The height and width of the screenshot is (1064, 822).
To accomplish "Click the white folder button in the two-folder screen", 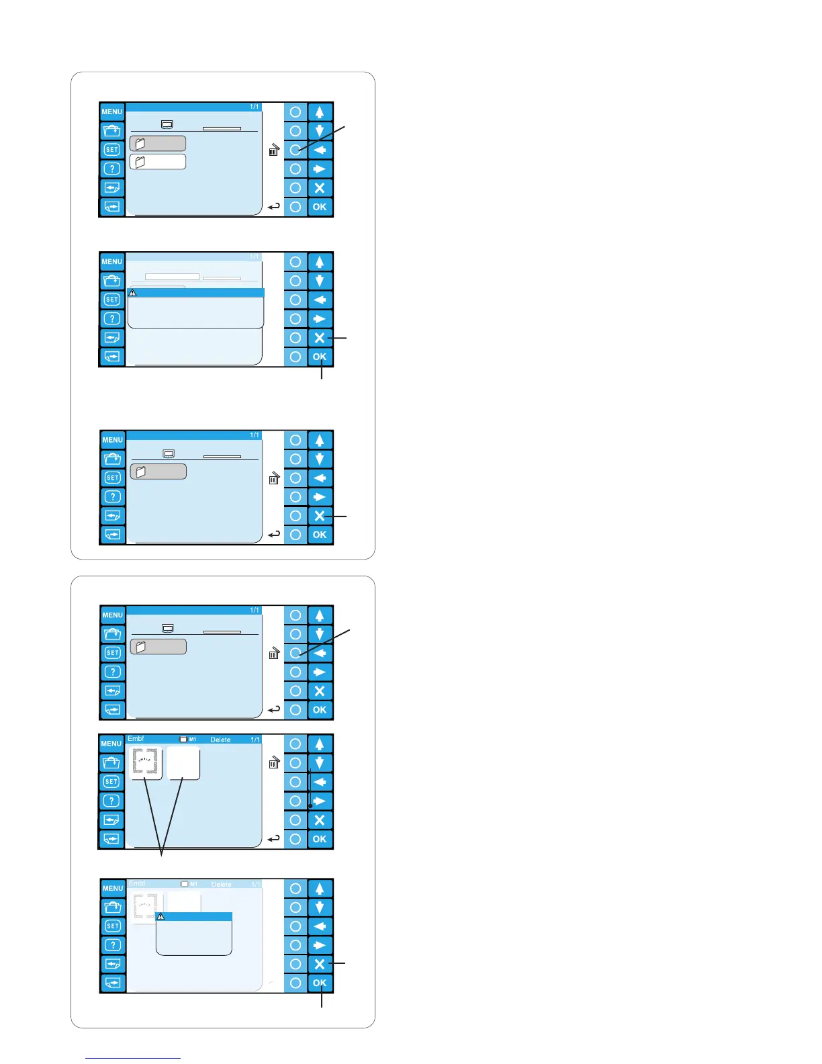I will coord(158,162).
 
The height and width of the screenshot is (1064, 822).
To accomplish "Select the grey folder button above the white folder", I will coord(158,143).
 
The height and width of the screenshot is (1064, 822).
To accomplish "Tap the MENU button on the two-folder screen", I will coord(112,112).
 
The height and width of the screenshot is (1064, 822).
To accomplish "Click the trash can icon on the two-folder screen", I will coord(273,150).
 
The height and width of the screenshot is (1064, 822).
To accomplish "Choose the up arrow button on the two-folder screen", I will coord(320,112).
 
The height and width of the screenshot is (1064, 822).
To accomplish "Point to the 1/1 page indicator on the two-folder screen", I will coord(255,107).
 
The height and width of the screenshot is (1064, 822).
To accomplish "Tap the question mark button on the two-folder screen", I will coord(112,169).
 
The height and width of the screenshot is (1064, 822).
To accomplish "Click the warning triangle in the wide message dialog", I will coord(132,293).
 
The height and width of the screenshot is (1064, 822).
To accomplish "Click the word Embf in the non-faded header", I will coord(136,739).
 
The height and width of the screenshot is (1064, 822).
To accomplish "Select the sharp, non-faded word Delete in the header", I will coord(220,740).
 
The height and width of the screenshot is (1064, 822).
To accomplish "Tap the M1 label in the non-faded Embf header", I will coord(192,740).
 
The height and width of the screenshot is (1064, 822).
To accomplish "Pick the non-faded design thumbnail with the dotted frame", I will coord(146,762).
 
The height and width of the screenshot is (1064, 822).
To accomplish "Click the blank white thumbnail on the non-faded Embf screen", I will coord(183,762).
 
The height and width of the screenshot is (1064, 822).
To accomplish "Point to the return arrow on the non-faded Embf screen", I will coord(273,838).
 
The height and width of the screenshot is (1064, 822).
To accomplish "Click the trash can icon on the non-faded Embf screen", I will coord(273,762).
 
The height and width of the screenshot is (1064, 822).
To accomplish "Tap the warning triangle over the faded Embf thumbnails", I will coord(161,916).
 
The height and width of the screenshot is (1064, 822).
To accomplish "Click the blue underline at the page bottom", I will coord(133,1058).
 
